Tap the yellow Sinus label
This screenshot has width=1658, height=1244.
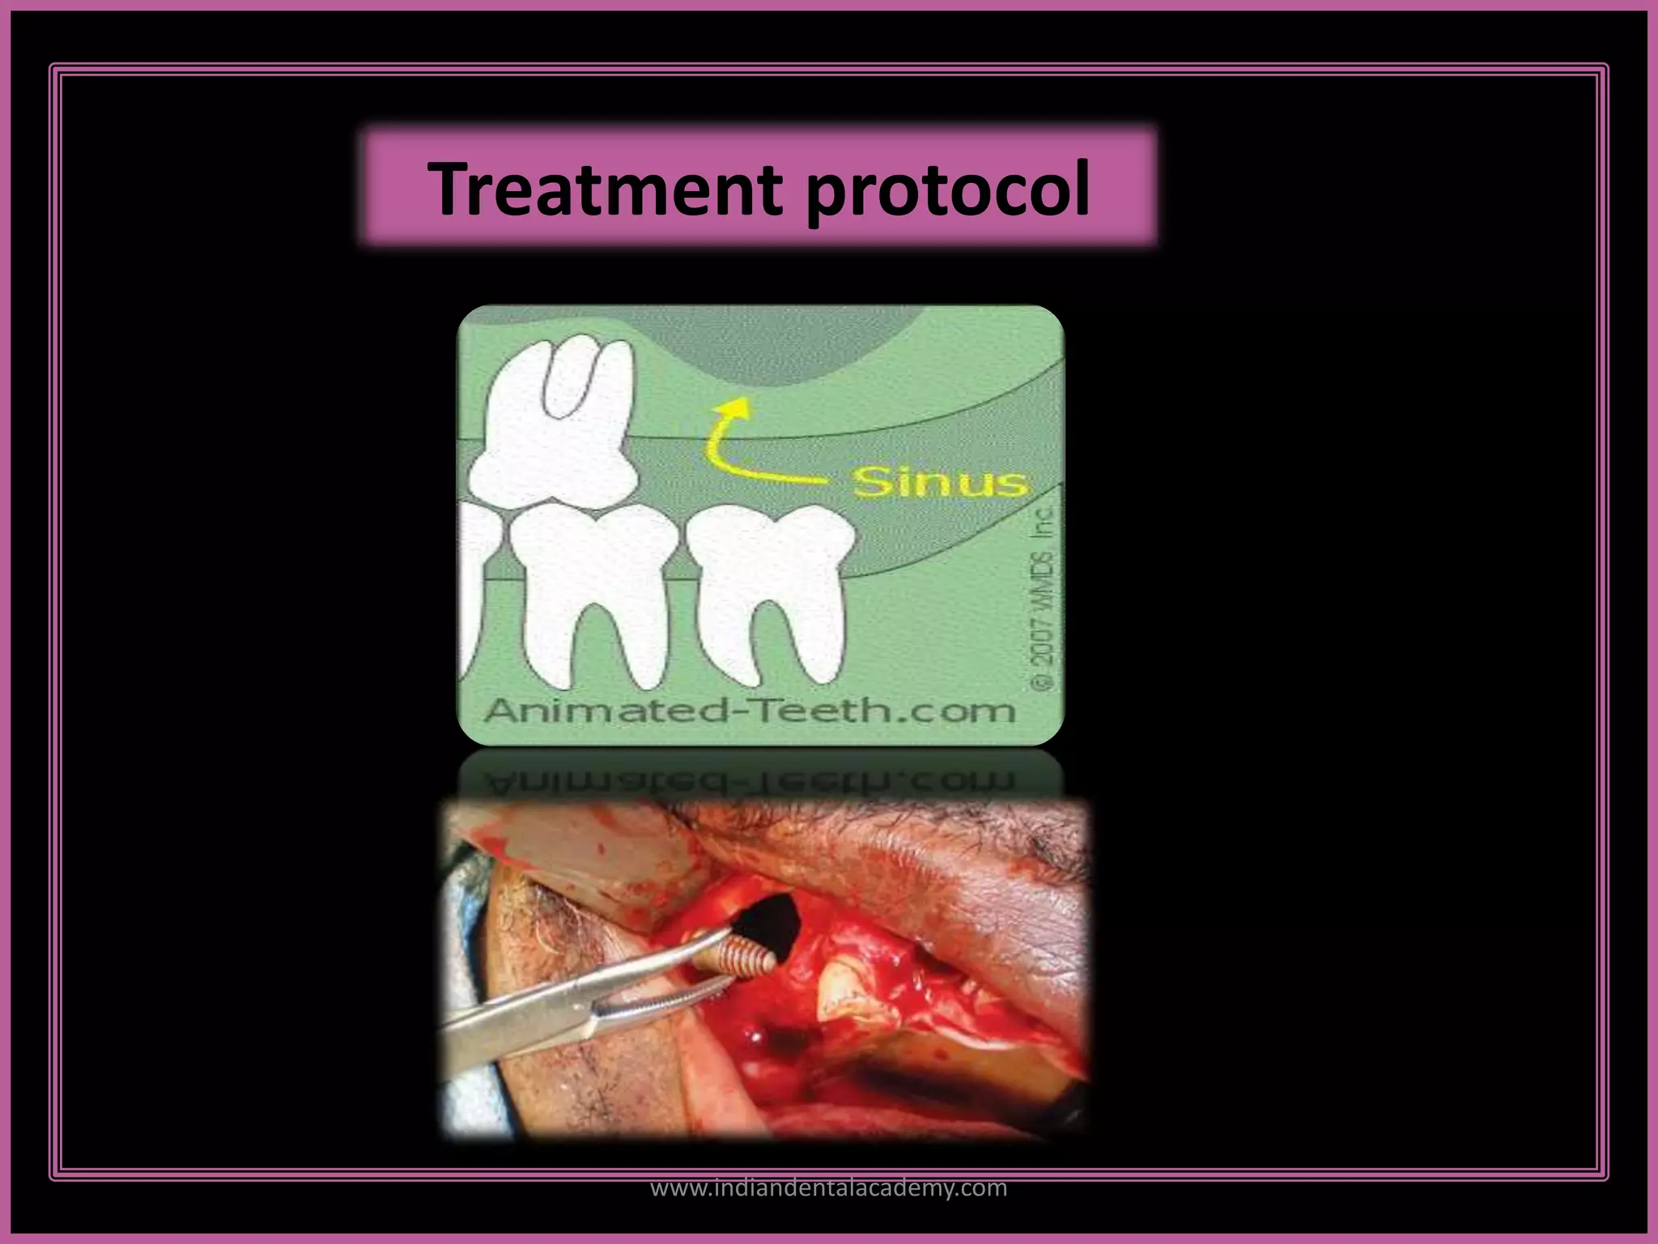939,483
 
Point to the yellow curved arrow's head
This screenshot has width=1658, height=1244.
733,406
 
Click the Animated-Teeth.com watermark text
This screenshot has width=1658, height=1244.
748,711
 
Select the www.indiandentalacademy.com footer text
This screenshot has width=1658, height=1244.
829,1188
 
